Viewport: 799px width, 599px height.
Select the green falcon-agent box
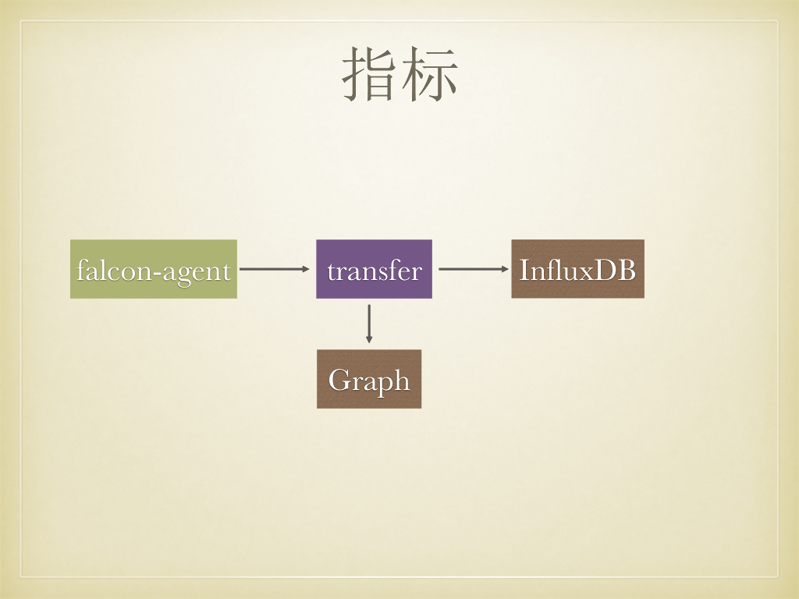click(154, 269)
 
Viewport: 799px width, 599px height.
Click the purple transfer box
click(374, 269)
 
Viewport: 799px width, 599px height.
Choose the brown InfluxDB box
click(577, 269)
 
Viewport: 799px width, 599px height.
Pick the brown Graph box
click(369, 379)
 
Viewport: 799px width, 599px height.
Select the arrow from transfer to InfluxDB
click(473, 269)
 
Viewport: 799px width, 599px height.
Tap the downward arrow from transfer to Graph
click(369, 323)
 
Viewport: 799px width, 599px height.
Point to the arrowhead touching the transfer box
click(306, 269)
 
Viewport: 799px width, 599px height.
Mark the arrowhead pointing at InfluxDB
click(505, 269)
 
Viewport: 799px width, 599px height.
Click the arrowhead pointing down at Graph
click(369, 339)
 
